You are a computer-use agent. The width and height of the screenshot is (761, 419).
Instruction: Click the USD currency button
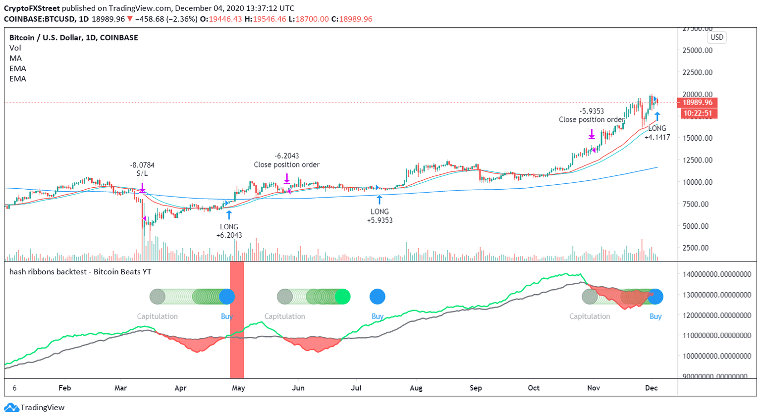[716, 37]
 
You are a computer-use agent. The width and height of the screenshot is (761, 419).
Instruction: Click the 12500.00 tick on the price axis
[698, 160]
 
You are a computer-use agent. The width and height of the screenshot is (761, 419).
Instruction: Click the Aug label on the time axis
[416, 388]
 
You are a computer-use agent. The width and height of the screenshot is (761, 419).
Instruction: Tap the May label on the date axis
[238, 388]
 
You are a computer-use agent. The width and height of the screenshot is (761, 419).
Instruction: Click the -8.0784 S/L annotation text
[142, 169]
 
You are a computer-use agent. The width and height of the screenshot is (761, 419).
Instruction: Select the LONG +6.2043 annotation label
[229, 231]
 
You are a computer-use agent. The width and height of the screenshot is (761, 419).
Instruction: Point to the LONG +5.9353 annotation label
[380, 216]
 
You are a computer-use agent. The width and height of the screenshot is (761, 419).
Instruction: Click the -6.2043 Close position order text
[286, 160]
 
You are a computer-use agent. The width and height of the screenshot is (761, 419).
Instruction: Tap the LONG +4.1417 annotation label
[657, 133]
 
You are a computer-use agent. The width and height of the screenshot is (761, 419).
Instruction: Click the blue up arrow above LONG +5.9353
[380, 200]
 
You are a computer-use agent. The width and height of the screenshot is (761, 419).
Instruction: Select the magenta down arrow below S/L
[142, 187]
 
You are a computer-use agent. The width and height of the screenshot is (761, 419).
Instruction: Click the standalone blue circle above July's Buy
[377, 297]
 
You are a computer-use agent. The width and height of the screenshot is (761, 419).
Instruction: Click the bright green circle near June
[342, 297]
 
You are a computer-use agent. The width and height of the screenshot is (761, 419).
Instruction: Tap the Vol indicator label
[15, 48]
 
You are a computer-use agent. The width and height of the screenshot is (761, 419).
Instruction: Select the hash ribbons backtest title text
[80, 271]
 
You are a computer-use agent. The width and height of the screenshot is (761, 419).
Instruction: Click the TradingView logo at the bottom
[35, 408]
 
